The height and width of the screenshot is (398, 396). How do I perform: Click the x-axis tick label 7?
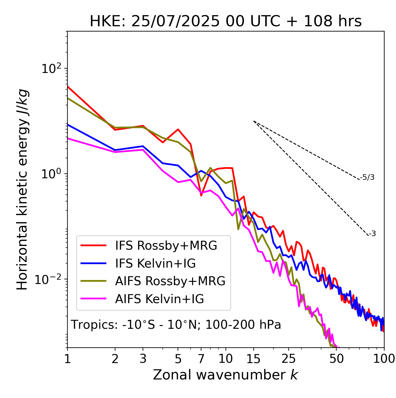201,359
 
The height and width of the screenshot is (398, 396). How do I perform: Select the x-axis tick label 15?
253,359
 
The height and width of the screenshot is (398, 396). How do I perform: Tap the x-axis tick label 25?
289,359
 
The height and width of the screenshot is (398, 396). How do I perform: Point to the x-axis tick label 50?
336,359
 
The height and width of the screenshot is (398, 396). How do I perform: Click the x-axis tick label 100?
384,359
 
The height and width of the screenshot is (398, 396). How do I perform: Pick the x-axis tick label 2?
115,359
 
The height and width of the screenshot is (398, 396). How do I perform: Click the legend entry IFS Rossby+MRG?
166,246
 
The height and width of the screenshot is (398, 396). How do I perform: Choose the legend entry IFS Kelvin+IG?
155,264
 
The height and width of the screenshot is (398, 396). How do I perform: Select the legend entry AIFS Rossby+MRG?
170,281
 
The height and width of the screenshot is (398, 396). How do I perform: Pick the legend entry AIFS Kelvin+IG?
159,299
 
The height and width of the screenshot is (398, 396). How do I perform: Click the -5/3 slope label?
367,177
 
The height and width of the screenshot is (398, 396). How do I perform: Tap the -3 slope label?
372,234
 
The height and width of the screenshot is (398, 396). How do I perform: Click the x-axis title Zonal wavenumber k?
226,375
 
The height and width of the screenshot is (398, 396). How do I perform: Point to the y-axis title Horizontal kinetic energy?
22,189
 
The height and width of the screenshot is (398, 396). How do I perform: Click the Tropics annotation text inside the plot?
176,325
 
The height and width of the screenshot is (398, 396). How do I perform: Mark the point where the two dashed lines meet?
254,121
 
